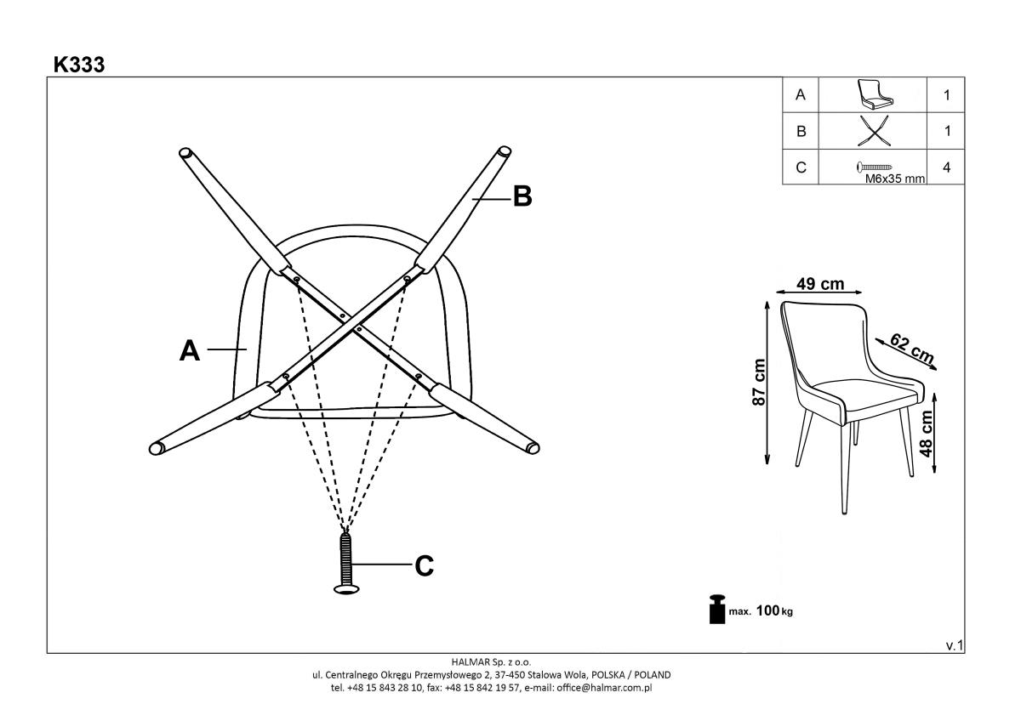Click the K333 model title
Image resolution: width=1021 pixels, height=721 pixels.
pyautogui.click(x=79, y=65)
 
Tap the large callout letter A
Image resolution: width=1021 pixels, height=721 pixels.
pyautogui.click(x=190, y=350)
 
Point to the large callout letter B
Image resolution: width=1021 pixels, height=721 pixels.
pyautogui.click(x=522, y=196)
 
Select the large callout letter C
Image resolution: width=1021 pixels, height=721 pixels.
pyautogui.click(x=424, y=566)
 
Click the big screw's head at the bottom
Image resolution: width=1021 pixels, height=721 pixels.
pyautogui.click(x=346, y=589)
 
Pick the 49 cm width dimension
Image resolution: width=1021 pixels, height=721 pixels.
pyautogui.click(x=820, y=284)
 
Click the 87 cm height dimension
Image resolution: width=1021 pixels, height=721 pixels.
pyautogui.click(x=758, y=382)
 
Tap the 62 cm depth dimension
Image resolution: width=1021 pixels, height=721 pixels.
pyautogui.click(x=911, y=349)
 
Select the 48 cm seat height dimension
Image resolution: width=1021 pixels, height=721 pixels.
pyautogui.click(x=926, y=434)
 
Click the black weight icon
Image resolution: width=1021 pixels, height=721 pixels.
pyautogui.click(x=717, y=609)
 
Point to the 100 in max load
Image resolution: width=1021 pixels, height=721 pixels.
pyautogui.click(x=767, y=610)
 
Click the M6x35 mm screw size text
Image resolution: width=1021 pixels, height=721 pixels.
pyautogui.click(x=895, y=179)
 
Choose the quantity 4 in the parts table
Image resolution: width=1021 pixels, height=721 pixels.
pyautogui.click(x=946, y=167)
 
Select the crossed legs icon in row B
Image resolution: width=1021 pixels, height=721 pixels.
pyautogui.click(x=873, y=131)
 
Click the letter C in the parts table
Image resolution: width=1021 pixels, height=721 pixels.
pyautogui.click(x=801, y=167)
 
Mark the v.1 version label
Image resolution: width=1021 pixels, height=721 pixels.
pyautogui.click(x=955, y=645)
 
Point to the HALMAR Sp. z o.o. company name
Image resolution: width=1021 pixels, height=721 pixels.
pyautogui.click(x=491, y=661)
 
